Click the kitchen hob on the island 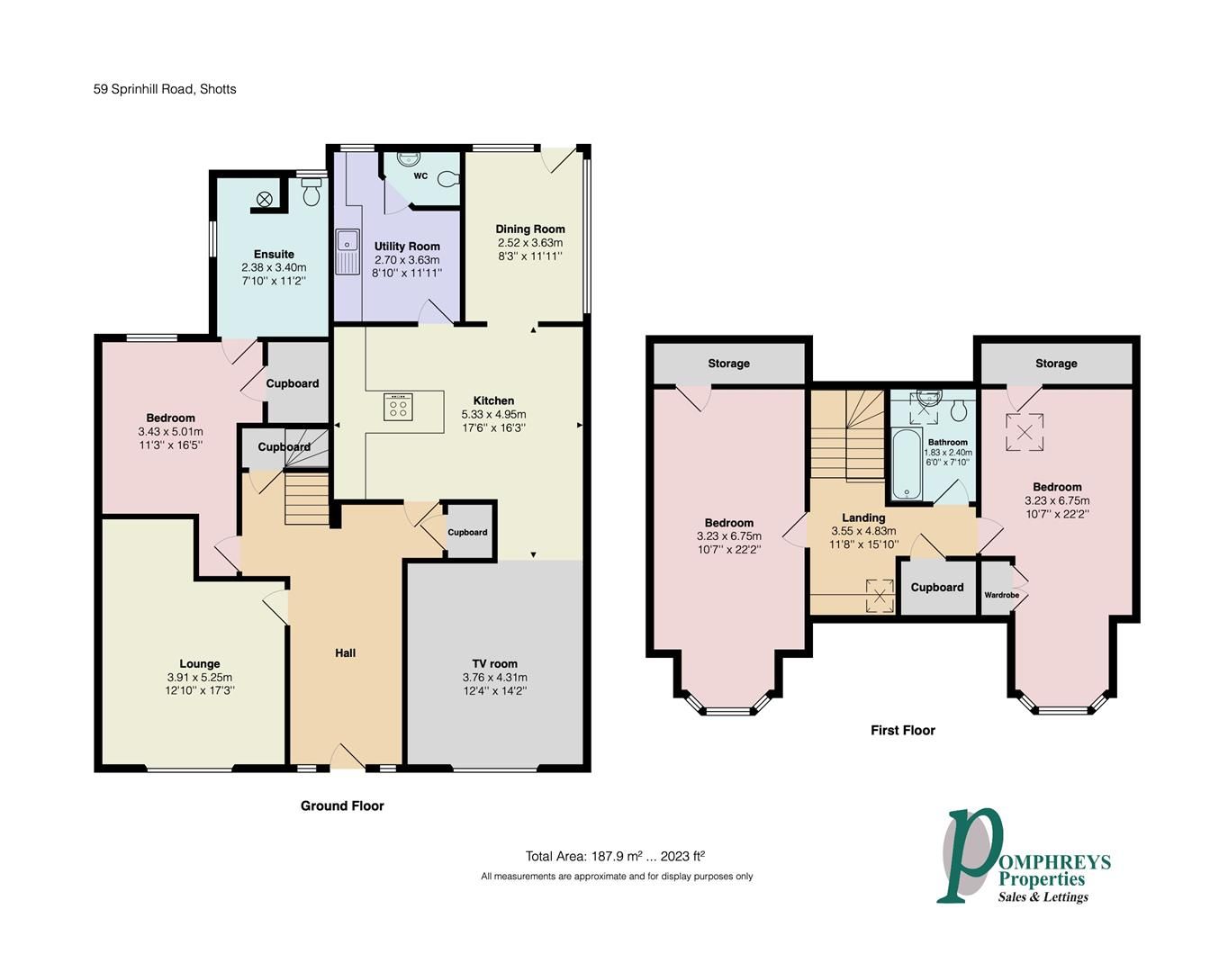(x=398, y=407)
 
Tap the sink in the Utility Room (x=344, y=252)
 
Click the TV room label (x=494, y=663)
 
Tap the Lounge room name (x=199, y=663)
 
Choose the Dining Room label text (x=529, y=229)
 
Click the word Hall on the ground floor (x=345, y=652)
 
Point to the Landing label (x=862, y=517)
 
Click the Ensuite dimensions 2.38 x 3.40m (x=274, y=267)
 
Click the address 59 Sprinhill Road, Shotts (x=165, y=89)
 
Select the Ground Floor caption (x=342, y=805)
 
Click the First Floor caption (x=902, y=730)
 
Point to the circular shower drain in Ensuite (x=266, y=199)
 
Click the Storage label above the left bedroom (x=728, y=363)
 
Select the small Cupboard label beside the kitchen (x=467, y=532)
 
